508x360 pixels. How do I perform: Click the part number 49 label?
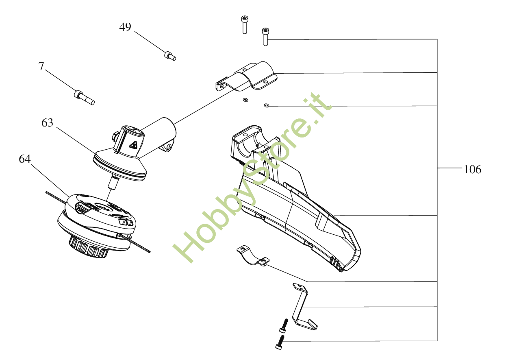click(x=125, y=27)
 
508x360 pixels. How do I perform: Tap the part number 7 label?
click(x=41, y=66)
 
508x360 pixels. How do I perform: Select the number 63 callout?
click(x=48, y=122)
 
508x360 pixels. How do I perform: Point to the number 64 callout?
click(x=25, y=159)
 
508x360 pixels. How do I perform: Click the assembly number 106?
click(x=472, y=170)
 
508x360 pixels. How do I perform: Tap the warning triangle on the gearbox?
click(x=133, y=145)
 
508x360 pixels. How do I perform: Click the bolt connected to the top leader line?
click(x=265, y=36)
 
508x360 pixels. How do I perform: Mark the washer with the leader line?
click(x=266, y=106)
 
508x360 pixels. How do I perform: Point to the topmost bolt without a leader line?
click(x=245, y=24)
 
